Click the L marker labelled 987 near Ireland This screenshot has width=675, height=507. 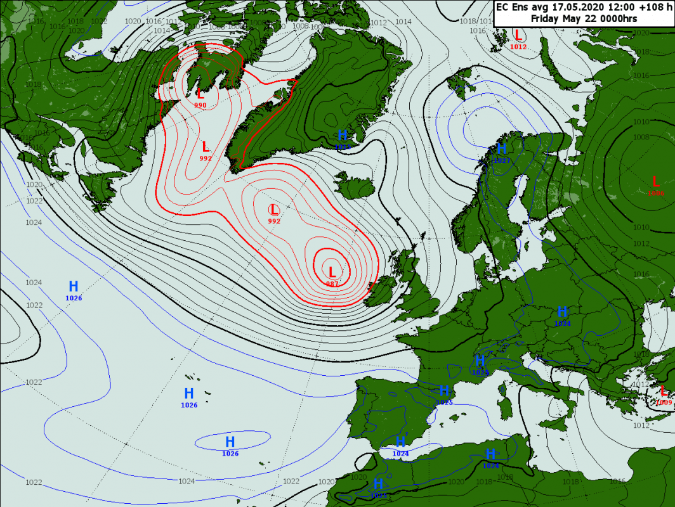click(331, 273)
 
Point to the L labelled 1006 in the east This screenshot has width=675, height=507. click(655, 182)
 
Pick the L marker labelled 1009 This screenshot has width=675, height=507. click(664, 392)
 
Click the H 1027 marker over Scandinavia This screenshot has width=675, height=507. click(502, 150)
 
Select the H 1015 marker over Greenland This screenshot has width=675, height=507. click(343, 136)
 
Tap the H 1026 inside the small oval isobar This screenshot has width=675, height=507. click(230, 442)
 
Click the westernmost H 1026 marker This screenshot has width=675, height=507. click(74, 286)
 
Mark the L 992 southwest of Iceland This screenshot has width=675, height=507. click(274, 210)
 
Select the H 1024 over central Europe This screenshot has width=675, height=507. click(562, 312)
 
